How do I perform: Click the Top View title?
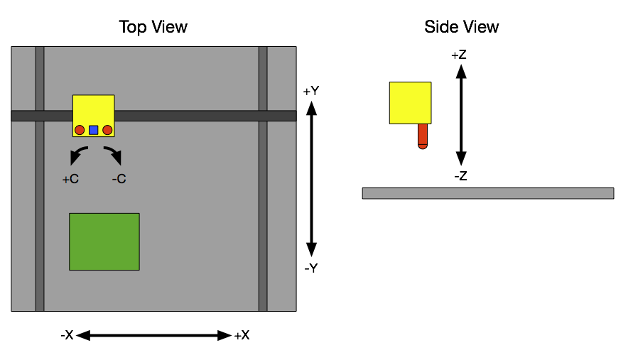(153, 27)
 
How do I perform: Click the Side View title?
(461, 27)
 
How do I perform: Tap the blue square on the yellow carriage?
(93, 130)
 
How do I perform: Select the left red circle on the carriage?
(80, 130)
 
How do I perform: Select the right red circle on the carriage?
(107, 130)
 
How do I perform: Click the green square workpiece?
(104, 241)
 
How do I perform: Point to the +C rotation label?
(70, 180)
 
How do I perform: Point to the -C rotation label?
(119, 180)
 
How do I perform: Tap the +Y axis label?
(310, 92)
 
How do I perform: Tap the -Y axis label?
(310, 268)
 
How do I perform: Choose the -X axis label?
(67, 335)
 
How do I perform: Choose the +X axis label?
(242, 335)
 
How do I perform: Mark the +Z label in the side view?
(459, 55)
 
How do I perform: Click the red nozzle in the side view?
(423, 136)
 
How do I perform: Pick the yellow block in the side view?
(410, 103)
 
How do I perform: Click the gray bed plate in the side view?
(487, 193)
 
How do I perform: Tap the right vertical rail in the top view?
(263, 213)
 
